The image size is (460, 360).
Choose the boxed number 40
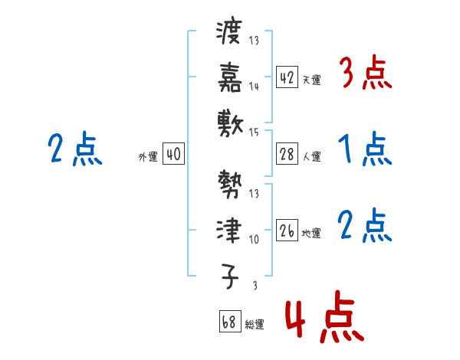pyautogui.click(x=173, y=154)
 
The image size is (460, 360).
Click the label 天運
pyautogui.click(x=311, y=80)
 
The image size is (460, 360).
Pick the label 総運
pyautogui.click(x=255, y=324)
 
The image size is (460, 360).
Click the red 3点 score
pyautogui.click(x=365, y=74)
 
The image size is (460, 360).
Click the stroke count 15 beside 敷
pyautogui.click(x=254, y=133)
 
